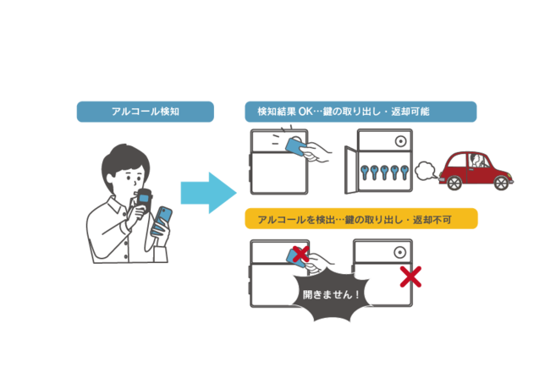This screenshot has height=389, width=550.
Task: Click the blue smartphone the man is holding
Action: coord(162,220)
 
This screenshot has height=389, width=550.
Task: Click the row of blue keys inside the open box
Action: coord(386,173)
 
